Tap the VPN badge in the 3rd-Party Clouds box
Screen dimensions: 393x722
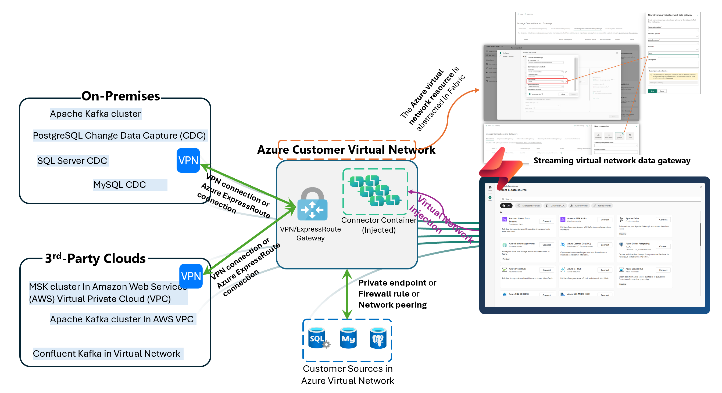pos(191,276)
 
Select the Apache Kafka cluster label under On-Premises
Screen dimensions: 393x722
pos(95,114)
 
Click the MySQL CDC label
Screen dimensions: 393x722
pos(120,185)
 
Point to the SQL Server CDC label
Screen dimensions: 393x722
pos(72,161)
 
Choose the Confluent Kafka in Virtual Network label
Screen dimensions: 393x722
pos(106,354)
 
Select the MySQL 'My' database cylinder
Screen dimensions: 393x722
pos(348,338)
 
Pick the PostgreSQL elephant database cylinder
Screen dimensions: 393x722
pos(378,338)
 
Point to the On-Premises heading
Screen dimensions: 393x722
pos(120,96)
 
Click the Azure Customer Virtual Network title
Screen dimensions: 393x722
pos(346,150)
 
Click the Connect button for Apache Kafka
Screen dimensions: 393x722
pos(663,220)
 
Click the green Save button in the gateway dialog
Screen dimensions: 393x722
pos(652,91)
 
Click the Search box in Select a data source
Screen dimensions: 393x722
pos(600,199)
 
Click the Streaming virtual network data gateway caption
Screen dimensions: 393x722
pos(612,161)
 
